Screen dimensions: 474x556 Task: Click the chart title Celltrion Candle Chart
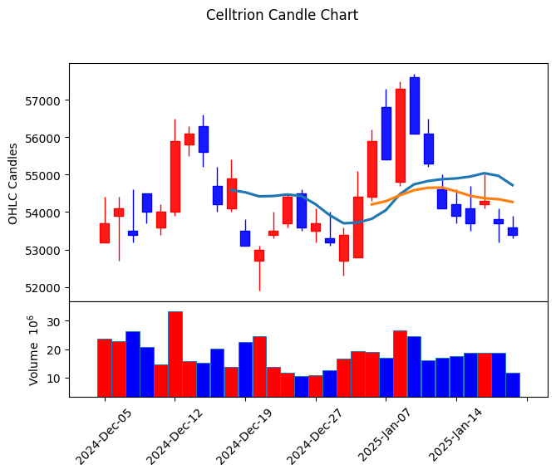(x=282, y=15)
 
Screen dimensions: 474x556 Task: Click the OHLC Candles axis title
(x=13, y=183)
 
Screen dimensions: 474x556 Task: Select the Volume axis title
(x=34, y=349)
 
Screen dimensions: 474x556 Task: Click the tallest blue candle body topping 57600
(x=415, y=105)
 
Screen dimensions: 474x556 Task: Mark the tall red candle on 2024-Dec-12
(x=175, y=176)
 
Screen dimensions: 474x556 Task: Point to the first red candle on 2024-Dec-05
(x=105, y=232)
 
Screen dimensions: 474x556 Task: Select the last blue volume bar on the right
(x=513, y=384)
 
